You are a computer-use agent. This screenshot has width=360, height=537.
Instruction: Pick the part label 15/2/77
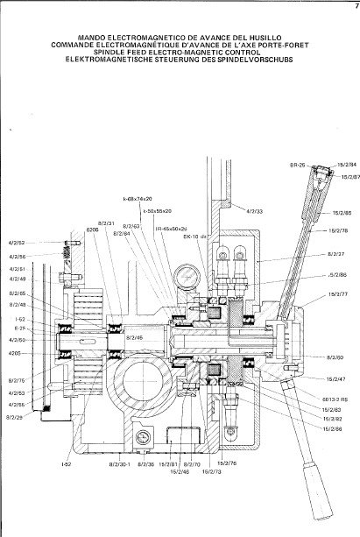337,295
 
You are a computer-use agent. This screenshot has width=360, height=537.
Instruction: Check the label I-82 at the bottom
67,463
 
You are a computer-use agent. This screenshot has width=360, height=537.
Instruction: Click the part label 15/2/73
211,470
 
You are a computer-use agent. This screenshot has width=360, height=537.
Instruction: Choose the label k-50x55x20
158,211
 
